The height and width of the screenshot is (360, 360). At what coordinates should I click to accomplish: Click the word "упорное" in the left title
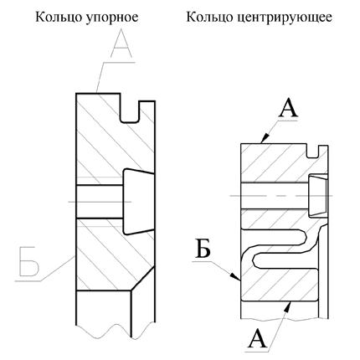(111, 18)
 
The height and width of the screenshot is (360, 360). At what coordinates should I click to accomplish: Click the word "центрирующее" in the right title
(285, 18)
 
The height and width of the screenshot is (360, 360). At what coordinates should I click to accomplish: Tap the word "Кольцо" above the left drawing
(59, 18)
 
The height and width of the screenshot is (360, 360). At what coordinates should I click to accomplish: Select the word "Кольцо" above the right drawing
(210, 18)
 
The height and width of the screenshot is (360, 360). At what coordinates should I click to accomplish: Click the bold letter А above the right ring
(288, 109)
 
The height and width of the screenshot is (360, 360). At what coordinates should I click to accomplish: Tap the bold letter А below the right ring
(258, 338)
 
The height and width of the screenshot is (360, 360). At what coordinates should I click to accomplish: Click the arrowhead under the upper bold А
(266, 137)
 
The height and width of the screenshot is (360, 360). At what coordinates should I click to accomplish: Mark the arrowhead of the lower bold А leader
(287, 307)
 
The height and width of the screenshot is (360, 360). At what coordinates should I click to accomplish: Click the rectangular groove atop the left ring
(129, 111)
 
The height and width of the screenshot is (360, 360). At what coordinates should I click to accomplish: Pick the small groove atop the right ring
(312, 151)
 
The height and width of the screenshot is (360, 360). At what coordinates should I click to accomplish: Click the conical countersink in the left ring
(138, 201)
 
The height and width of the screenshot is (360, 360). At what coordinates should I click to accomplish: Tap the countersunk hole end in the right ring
(318, 195)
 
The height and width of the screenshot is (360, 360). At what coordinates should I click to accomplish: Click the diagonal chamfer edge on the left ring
(143, 279)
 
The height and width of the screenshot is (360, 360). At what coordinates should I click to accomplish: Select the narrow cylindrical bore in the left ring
(100, 202)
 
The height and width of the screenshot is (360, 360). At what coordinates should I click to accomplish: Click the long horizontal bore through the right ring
(275, 196)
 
